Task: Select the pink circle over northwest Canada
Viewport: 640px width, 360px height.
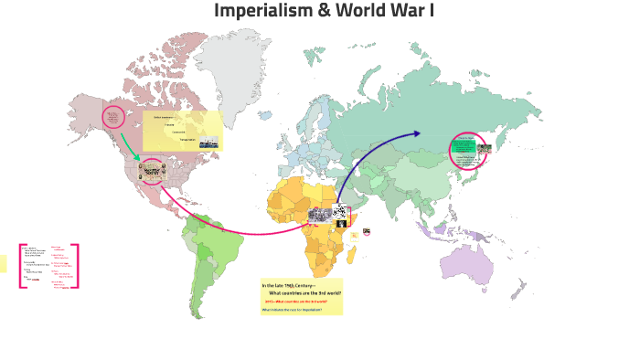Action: (x=113, y=117)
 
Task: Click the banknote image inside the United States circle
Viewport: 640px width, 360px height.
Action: (x=151, y=171)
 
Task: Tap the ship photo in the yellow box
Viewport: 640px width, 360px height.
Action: (x=209, y=143)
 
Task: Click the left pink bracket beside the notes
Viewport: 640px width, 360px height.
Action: (x=21, y=266)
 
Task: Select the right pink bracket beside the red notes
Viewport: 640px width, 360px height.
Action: (x=76, y=266)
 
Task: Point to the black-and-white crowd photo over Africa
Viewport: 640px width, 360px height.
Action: (x=320, y=216)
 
